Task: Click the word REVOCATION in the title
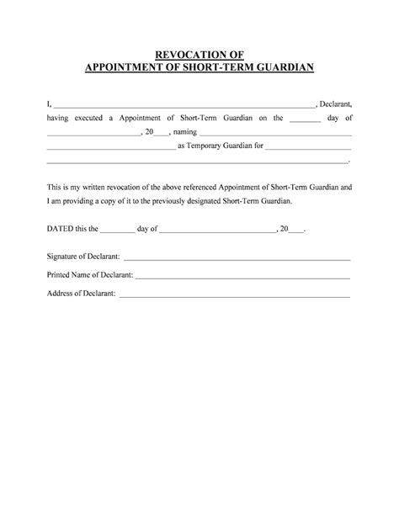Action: pos(189,55)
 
